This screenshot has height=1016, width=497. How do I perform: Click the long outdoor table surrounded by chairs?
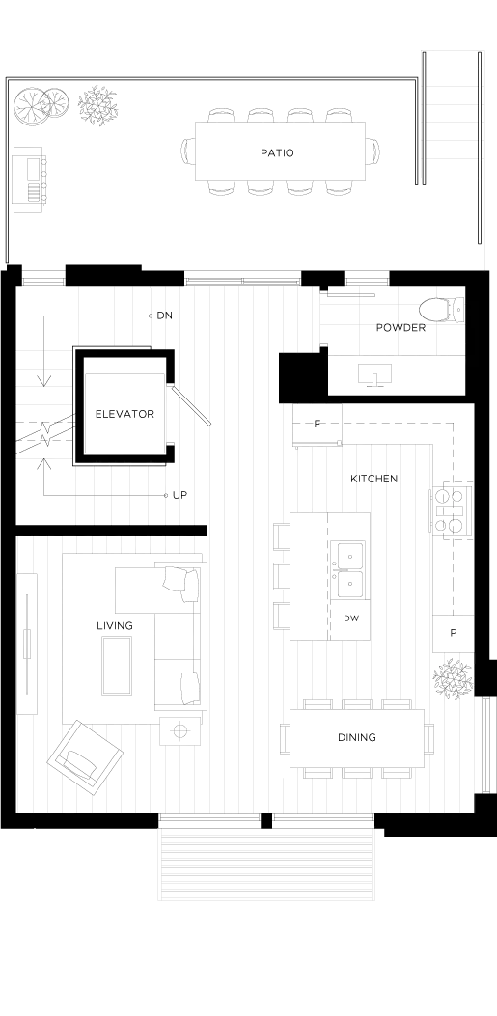(x=282, y=151)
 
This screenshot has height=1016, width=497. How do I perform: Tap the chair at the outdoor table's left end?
(x=186, y=151)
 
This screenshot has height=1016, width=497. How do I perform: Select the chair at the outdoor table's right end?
(x=378, y=151)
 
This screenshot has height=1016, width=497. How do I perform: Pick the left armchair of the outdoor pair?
(x=40, y=106)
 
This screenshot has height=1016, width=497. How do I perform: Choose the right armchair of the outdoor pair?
(x=99, y=106)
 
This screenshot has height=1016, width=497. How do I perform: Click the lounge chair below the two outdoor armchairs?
(x=31, y=180)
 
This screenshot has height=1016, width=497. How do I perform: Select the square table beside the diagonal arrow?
(x=125, y=412)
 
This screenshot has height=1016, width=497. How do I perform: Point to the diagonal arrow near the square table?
(x=196, y=407)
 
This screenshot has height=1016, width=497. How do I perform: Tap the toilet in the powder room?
(x=443, y=309)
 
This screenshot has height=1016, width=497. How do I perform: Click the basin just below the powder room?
(x=373, y=374)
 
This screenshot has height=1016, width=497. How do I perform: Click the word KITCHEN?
(x=376, y=479)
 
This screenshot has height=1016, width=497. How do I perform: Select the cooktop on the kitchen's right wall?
(x=450, y=511)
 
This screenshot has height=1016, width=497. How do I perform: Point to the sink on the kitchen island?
(x=345, y=571)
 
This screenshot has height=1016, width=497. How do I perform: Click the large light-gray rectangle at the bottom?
(x=266, y=867)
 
